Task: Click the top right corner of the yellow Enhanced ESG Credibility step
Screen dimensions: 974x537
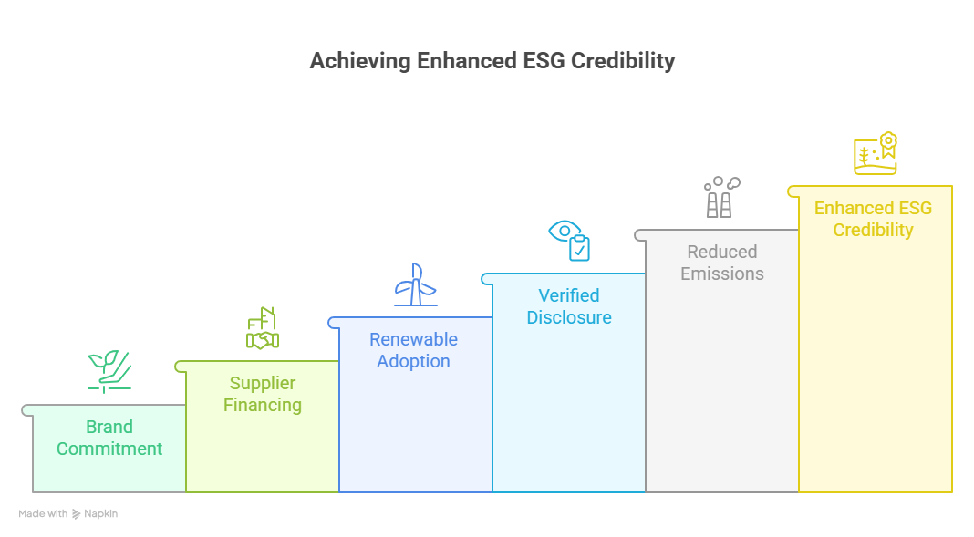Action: (x=951, y=186)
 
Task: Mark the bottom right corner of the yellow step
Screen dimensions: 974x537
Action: (x=951, y=492)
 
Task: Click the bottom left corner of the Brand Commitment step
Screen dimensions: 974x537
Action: (x=33, y=492)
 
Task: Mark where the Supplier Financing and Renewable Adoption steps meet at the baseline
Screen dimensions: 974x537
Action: (x=339, y=492)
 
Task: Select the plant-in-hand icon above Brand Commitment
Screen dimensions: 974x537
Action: (x=109, y=372)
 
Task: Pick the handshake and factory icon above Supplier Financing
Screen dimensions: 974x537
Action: (x=263, y=328)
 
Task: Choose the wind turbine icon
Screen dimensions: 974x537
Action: (x=416, y=284)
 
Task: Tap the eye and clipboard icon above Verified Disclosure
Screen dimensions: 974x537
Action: (x=569, y=241)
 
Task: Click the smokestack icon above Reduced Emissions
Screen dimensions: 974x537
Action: (x=721, y=197)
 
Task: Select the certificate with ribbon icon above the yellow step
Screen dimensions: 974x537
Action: (x=876, y=153)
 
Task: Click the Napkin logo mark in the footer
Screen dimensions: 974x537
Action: (x=76, y=514)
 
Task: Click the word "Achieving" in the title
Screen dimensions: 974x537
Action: (x=360, y=61)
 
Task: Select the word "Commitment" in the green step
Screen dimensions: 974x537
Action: (x=109, y=449)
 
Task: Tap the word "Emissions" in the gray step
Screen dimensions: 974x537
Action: (x=721, y=274)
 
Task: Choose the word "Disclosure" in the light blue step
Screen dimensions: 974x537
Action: (x=569, y=317)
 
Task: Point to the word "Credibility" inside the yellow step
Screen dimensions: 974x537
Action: (x=874, y=230)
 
